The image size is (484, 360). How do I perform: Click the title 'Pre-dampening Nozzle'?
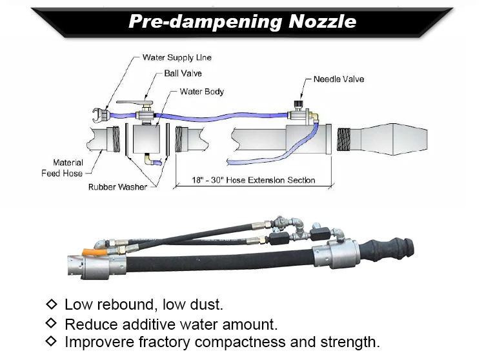242,21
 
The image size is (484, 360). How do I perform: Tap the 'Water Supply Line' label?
177,57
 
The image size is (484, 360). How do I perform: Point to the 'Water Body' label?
202,92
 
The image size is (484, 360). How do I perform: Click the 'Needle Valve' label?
339,79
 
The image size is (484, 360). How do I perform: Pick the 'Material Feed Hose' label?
68,168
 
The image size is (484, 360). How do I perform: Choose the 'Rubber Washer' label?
117,187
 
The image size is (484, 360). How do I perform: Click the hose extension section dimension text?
254,180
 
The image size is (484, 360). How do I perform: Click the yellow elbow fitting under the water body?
150,159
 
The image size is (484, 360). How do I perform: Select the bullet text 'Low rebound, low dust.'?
143,304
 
